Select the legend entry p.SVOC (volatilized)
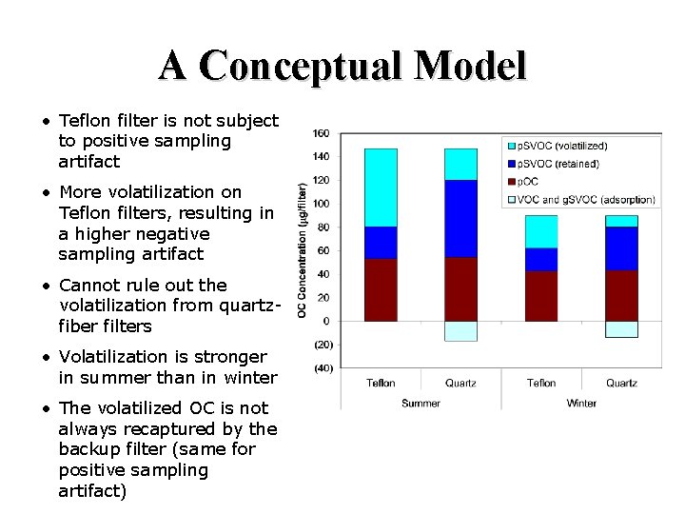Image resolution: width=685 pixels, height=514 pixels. (x=564, y=146)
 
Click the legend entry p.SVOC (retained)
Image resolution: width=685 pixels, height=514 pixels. (x=558, y=164)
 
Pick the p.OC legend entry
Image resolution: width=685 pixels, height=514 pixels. (x=529, y=182)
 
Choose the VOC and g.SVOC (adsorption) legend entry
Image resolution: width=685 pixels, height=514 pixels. (x=580, y=199)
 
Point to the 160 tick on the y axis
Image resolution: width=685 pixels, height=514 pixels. (x=321, y=133)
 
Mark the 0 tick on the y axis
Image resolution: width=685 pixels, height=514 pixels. (x=325, y=321)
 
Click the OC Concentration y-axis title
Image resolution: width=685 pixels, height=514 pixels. (x=302, y=249)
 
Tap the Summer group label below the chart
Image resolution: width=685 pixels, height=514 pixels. (x=421, y=403)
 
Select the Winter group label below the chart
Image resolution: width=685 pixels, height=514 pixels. (x=581, y=403)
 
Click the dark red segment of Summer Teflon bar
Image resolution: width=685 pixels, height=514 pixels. (x=381, y=290)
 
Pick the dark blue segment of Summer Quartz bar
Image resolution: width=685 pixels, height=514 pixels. (x=460, y=219)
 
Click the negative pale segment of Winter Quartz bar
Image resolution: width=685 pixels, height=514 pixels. (x=621, y=329)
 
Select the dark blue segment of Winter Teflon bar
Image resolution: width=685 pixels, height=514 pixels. (x=541, y=260)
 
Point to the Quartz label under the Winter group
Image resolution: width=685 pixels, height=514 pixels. (x=621, y=384)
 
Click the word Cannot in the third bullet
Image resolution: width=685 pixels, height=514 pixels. (x=88, y=285)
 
